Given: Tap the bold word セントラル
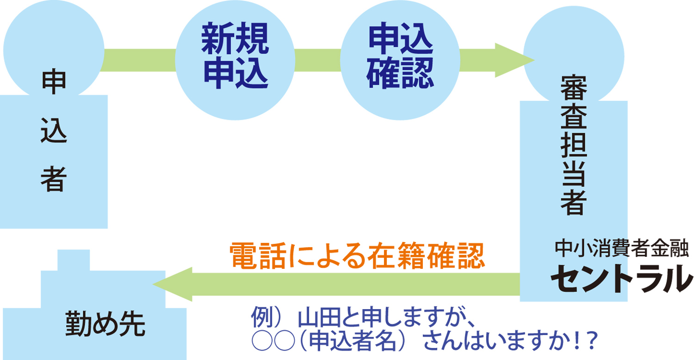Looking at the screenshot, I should coord(621,278).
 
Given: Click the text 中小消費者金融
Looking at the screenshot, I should coord(622,250).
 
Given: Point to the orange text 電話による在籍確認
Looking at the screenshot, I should coord(357,256).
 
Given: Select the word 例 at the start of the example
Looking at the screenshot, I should coord(260,320).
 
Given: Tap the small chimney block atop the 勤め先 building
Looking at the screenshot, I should coord(73,260).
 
